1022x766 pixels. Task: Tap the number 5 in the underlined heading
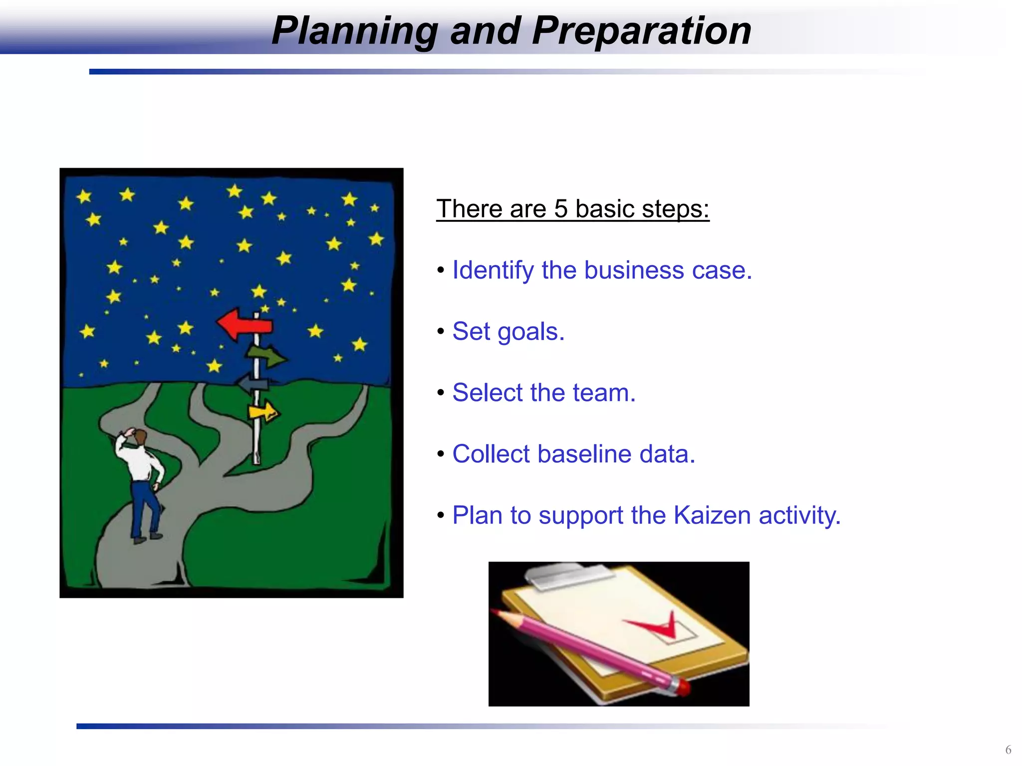click(x=561, y=208)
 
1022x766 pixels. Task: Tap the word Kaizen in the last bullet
click(x=712, y=515)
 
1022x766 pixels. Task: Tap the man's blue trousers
click(x=144, y=509)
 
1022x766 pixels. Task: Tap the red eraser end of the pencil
click(x=682, y=687)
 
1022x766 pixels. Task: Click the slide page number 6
click(x=1008, y=750)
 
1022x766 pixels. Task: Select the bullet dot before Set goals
click(x=440, y=332)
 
